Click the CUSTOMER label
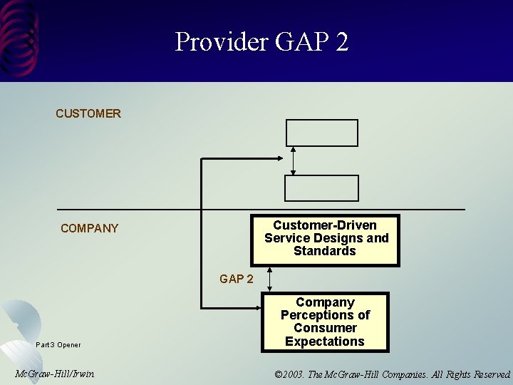[88, 113]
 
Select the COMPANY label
[90, 228]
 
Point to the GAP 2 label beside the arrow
[236, 279]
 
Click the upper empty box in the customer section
[322, 133]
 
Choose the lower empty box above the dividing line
[322, 188]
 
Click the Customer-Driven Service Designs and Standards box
[326, 239]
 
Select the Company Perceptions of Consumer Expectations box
[325, 322]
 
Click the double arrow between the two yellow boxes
[269, 279]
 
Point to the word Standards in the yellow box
[324, 251]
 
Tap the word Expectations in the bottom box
[325, 342]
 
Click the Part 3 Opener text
[58, 345]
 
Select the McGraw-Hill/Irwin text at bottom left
[54, 374]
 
